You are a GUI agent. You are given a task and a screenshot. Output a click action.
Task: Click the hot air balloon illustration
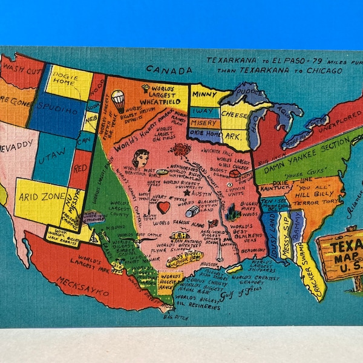coord(118,100)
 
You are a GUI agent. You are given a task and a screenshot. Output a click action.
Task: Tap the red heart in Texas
coord(163,208)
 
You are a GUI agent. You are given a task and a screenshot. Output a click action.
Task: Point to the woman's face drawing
coord(141,159)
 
